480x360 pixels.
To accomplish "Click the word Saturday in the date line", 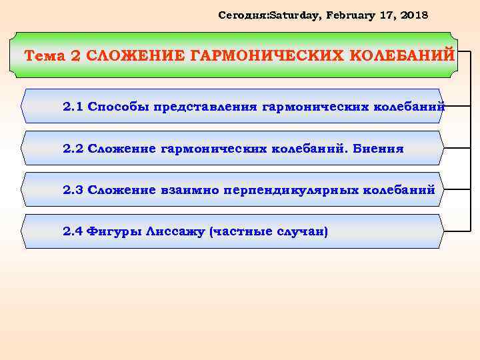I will tap(291, 14).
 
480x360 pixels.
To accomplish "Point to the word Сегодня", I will tap(243, 14).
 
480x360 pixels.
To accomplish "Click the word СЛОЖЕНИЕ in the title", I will tap(136, 55).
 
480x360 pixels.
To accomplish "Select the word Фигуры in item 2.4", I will tap(110, 232).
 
